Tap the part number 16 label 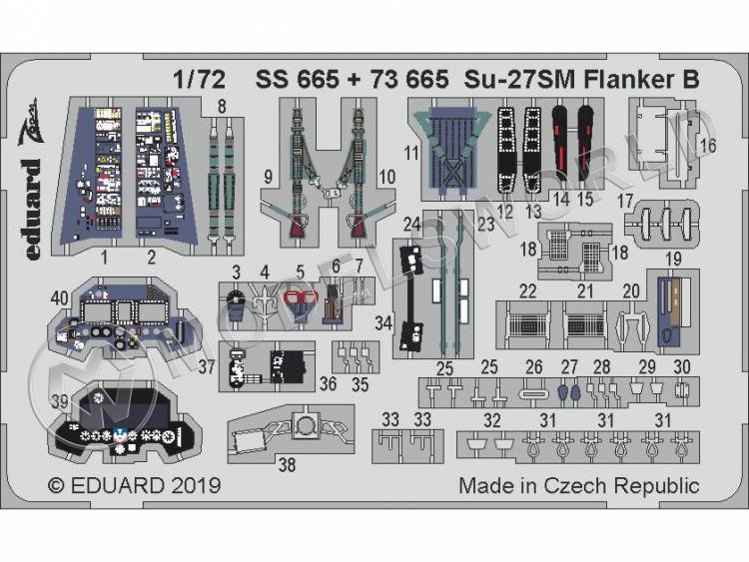pos(708,147)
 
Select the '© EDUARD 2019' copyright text pos(135,486)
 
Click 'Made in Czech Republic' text pos(579,486)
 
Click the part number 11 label pos(410,154)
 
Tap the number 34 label pos(382,321)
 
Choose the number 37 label pos(208,366)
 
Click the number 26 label pos(534,366)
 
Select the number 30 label pos(683,366)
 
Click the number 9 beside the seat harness pos(268,178)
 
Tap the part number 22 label pos(527,290)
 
